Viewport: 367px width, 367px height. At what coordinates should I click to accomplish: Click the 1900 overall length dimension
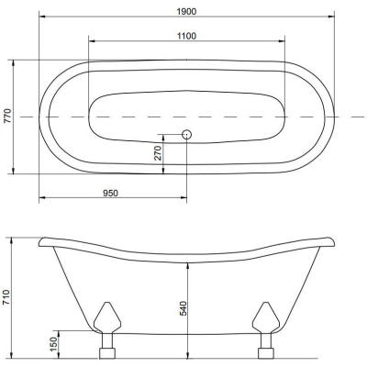186,11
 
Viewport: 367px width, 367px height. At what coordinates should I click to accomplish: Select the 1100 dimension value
186,36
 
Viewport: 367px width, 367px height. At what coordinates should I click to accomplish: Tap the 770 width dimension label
7,116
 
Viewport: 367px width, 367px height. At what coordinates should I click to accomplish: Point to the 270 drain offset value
158,153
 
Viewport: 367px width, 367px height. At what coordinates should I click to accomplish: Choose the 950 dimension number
110,193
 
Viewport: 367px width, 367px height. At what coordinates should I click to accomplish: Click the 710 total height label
6,297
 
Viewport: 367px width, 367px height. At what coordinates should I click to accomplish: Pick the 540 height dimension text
183,308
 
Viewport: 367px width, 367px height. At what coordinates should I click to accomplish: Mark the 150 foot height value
53,344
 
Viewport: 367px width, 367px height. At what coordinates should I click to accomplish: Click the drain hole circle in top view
186,134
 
